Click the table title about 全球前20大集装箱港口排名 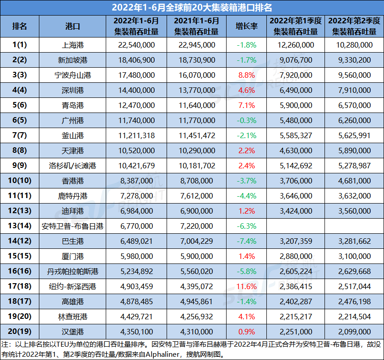coord(192,8)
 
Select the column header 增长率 coord(246,27)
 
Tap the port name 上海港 coord(73,45)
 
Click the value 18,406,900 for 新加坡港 coord(135,60)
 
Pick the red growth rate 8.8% coord(246,75)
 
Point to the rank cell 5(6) coord(20,105)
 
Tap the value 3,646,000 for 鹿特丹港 coord(295,196)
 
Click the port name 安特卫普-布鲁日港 coord(73,226)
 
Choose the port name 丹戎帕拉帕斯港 coord(73,271)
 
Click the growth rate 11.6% coord(246,286)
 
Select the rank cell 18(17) coord(20,301)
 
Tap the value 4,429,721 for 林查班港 coord(135,317)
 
